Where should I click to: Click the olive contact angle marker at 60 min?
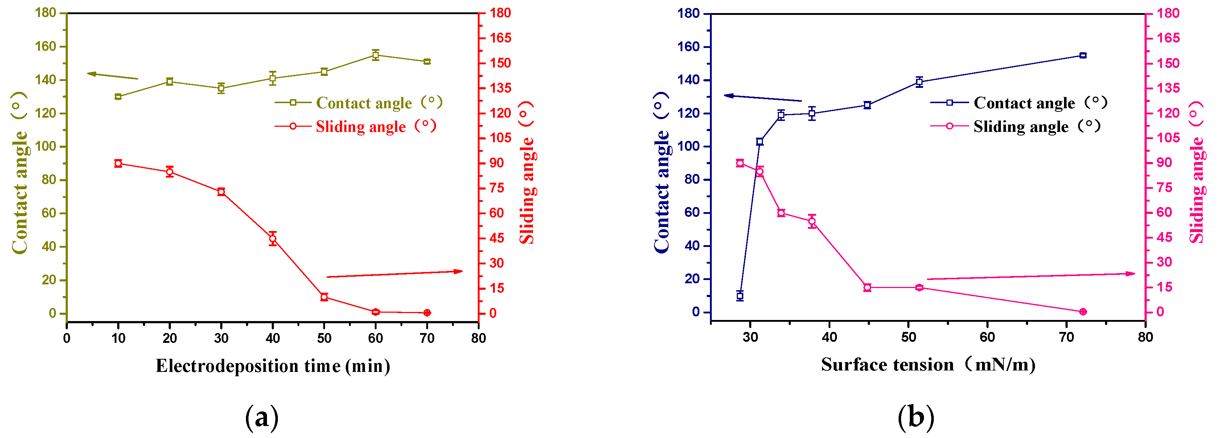pos(375,55)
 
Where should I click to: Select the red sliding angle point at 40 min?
pos(273,239)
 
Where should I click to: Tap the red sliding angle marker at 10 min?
pos(118,163)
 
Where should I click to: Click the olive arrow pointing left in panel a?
pos(112,76)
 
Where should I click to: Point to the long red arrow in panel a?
pos(394,274)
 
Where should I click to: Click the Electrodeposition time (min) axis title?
pos(273,366)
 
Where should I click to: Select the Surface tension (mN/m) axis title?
pos(928,365)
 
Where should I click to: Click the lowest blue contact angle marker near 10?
pos(740,296)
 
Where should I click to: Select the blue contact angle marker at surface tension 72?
pos(1083,56)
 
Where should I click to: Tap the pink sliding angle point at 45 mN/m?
pos(867,288)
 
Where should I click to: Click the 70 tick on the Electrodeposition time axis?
pos(427,338)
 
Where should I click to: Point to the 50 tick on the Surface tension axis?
pos(908,337)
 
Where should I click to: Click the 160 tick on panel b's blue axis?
pos(690,47)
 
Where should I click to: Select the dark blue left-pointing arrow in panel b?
pos(763,98)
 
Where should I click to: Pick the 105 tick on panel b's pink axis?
pos(1168,138)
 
